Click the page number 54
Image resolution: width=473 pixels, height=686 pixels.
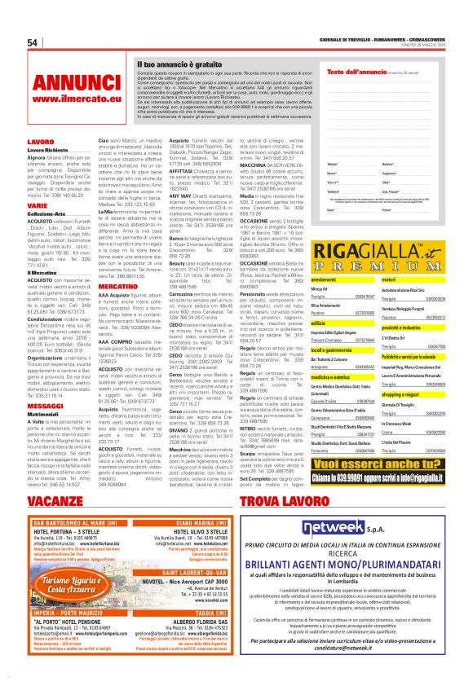(33, 43)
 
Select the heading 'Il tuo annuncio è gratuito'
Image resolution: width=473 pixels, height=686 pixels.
(177, 63)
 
